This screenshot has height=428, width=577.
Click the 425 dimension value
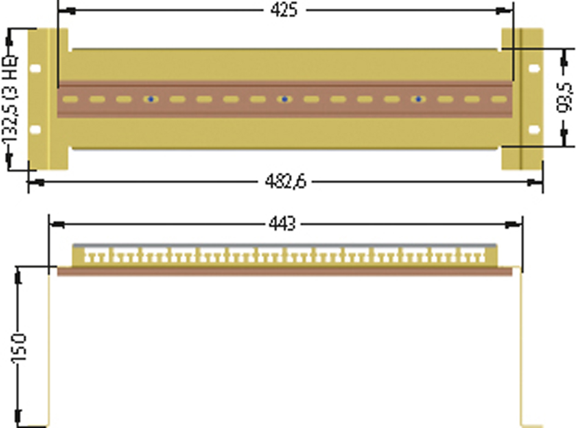(x=284, y=10)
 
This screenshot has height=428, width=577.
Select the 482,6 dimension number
(x=286, y=182)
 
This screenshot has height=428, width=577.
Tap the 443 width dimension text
(x=282, y=224)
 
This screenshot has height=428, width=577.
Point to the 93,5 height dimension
(x=565, y=97)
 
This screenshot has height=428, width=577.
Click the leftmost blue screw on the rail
(x=150, y=99)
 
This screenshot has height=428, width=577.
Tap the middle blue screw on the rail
(x=284, y=99)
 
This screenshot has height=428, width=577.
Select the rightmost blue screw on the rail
(x=418, y=99)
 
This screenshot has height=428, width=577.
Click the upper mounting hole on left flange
(x=35, y=68)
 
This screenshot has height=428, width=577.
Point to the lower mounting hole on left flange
(x=35, y=130)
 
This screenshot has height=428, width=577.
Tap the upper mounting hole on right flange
(x=534, y=68)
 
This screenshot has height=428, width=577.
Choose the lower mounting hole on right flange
(x=534, y=130)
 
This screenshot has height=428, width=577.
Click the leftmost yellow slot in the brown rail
(x=70, y=99)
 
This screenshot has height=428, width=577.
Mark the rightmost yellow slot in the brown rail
(x=499, y=99)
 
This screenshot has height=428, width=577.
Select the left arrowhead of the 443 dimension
(x=57, y=224)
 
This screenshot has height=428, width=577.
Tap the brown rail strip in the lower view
(x=285, y=271)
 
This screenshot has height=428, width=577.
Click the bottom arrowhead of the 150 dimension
(x=18, y=418)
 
